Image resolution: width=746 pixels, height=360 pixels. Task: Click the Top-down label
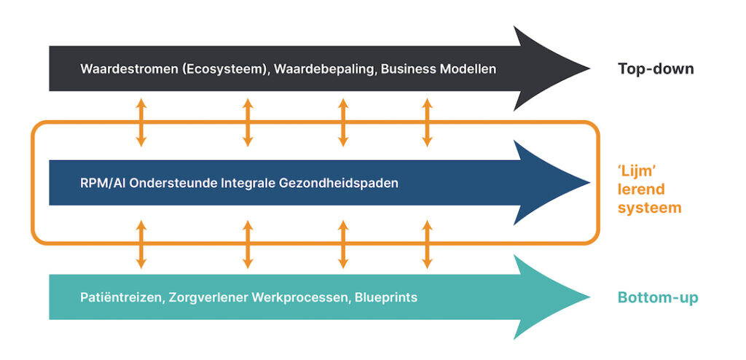click(656, 69)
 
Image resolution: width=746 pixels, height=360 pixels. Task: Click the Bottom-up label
click(658, 297)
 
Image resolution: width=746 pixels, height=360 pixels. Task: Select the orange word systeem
click(649, 208)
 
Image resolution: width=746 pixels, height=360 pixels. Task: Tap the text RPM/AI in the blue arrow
click(101, 183)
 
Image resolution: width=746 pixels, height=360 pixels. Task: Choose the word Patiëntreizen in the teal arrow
click(117, 297)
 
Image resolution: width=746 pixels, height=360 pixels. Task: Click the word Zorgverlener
click(196, 297)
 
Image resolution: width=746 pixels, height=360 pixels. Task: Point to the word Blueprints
click(388, 297)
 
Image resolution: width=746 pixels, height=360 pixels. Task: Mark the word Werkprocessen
click(294, 297)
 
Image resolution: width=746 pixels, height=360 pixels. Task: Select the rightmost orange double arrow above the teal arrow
click(428, 243)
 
